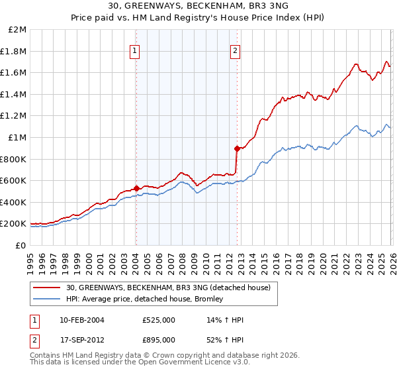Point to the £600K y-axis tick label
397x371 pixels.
tap(15, 181)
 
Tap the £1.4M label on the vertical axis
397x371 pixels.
tap(15, 95)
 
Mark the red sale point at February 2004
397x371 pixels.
tap(136, 188)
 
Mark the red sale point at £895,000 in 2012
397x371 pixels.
tap(236, 148)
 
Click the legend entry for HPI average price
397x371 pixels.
tap(145, 299)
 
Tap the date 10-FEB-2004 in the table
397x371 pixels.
tap(81, 320)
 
